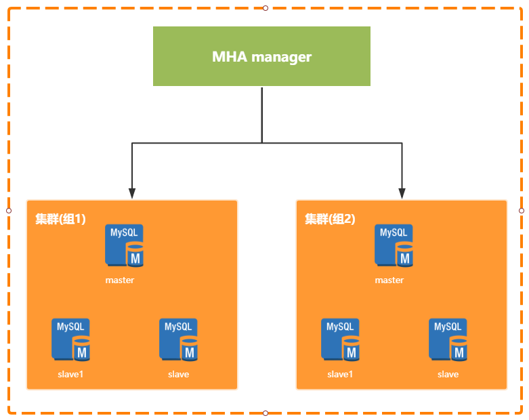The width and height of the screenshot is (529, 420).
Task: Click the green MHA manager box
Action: tap(261, 56)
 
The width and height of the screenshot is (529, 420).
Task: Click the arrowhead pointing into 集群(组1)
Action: tap(132, 193)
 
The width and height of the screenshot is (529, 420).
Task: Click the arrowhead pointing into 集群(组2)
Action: tap(402, 193)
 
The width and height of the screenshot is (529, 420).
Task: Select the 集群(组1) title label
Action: tap(60, 219)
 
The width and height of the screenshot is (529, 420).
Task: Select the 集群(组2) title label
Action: tap(330, 219)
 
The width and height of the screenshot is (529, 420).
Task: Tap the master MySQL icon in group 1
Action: tap(124, 246)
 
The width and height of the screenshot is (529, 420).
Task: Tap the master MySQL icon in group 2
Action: tap(394, 246)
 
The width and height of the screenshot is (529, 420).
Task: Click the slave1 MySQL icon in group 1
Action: tap(70, 339)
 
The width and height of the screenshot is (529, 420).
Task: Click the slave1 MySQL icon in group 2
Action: tap(340, 339)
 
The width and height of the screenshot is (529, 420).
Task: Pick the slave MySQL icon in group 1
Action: tap(178, 339)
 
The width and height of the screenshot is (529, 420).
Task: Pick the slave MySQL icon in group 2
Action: tap(448, 339)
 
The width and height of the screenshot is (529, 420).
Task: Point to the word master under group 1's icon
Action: tap(120, 280)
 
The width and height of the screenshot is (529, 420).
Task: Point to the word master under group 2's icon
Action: tap(389, 280)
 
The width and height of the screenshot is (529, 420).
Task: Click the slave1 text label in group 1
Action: tap(70, 374)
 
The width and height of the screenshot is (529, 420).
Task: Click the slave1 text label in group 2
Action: tap(340, 374)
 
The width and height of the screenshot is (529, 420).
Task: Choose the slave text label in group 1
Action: tap(178, 374)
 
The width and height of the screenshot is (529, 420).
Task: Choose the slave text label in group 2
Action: tap(448, 374)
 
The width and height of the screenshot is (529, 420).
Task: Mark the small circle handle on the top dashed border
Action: tap(266, 8)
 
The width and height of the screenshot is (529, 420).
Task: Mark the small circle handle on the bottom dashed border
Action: tap(266, 413)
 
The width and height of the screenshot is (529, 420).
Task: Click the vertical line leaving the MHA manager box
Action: tap(262, 114)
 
